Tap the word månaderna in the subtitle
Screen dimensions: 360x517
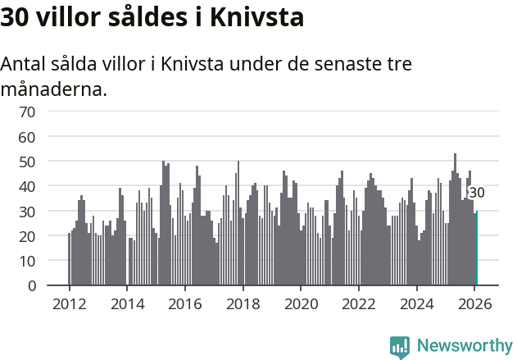(x=54, y=89)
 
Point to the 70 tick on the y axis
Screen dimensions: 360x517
(x=27, y=111)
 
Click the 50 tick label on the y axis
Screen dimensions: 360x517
(x=27, y=162)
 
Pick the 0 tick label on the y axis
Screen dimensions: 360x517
(x=32, y=286)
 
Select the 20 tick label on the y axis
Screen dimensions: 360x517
(x=27, y=236)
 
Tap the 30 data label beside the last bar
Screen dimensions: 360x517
(x=476, y=193)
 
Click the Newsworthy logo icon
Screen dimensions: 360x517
(x=400, y=347)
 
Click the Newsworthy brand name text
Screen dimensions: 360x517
(x=464, y=346)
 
